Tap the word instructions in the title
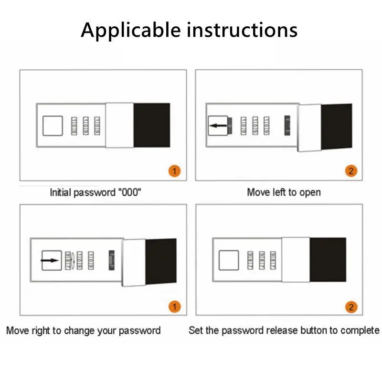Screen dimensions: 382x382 point(242,30)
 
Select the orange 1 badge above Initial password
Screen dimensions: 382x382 point(175,171)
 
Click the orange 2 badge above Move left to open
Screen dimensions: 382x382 point(351,171)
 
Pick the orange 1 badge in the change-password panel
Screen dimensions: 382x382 point(175,306)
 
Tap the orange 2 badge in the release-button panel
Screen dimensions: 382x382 point(351,306)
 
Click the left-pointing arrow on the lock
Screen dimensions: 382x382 point(218,126)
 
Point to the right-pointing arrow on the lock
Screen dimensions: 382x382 point(50,261)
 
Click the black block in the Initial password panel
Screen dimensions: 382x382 point(151,125)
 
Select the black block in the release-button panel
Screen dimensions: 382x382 point(328,259)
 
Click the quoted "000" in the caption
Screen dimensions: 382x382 point(129,192)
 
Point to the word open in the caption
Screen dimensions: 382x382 point(310,192)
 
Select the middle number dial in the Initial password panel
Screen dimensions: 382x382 point(85,126)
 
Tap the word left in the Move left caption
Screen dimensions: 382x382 point(282,192)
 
